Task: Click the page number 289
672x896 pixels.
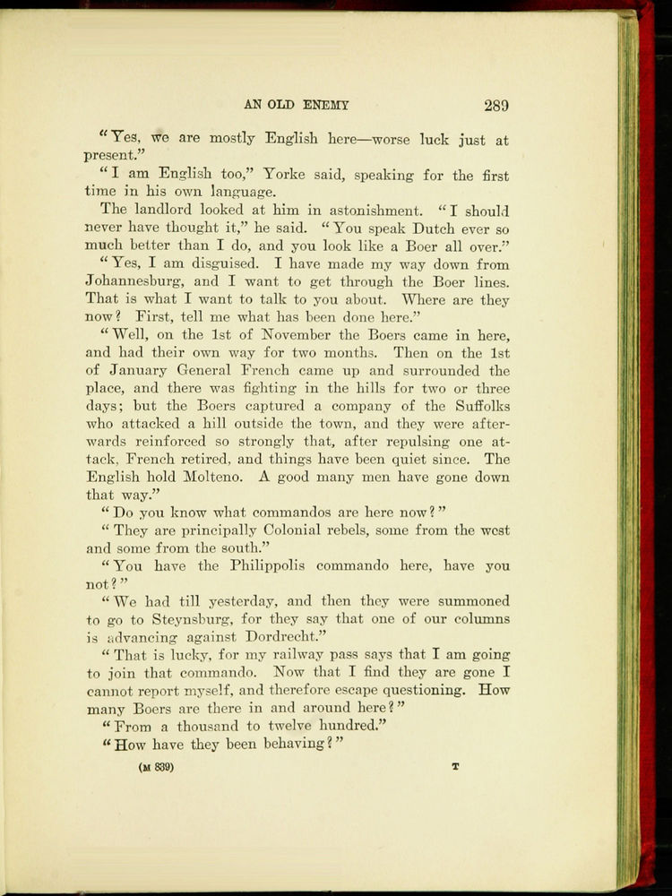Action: (496, 105)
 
